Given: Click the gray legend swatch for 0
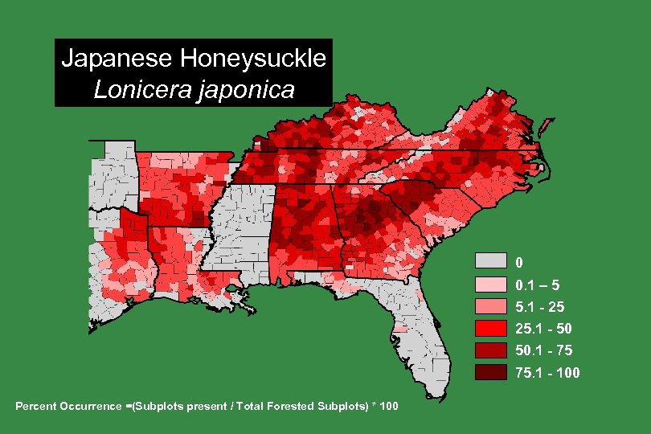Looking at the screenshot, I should [x=490, y=261].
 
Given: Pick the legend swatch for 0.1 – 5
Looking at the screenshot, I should [x=490, y=284].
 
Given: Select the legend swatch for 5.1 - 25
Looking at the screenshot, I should [x=490, y=305].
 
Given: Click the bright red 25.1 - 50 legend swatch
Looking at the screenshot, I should [x=490, y=328].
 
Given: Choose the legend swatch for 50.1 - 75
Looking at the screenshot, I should [x=490, y=350].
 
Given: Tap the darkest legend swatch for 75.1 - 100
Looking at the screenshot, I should [x=490, y=372].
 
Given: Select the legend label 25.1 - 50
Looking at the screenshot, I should [x=543, y=329].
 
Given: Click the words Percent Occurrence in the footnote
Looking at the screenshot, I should [x=68, y=405].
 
